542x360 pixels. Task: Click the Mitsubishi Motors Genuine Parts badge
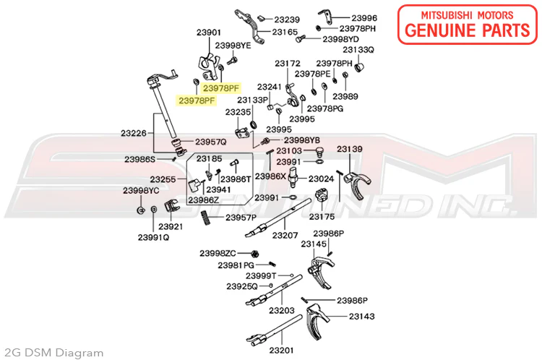(468, 24)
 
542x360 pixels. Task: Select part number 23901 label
(208, 33)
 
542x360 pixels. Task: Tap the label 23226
(134, 133)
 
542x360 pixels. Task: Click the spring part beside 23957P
(206, 218)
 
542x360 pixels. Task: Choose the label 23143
(361, 316)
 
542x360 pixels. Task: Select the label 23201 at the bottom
(281, 351)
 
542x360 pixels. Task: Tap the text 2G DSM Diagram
(52, 353)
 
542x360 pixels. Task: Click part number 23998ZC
(218, 253)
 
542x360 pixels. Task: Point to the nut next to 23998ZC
(255, 254)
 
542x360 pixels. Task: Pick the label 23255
(163, 179)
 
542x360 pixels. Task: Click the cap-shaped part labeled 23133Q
(360, 66)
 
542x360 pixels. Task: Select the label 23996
(364, 17)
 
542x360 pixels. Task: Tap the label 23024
(321, 179)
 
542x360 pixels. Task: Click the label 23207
(285, 235)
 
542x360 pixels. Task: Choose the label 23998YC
(141, 191)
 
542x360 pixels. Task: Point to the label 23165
(285, 32)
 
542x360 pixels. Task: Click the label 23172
(288, 64)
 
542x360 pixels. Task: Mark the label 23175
(322, 216)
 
